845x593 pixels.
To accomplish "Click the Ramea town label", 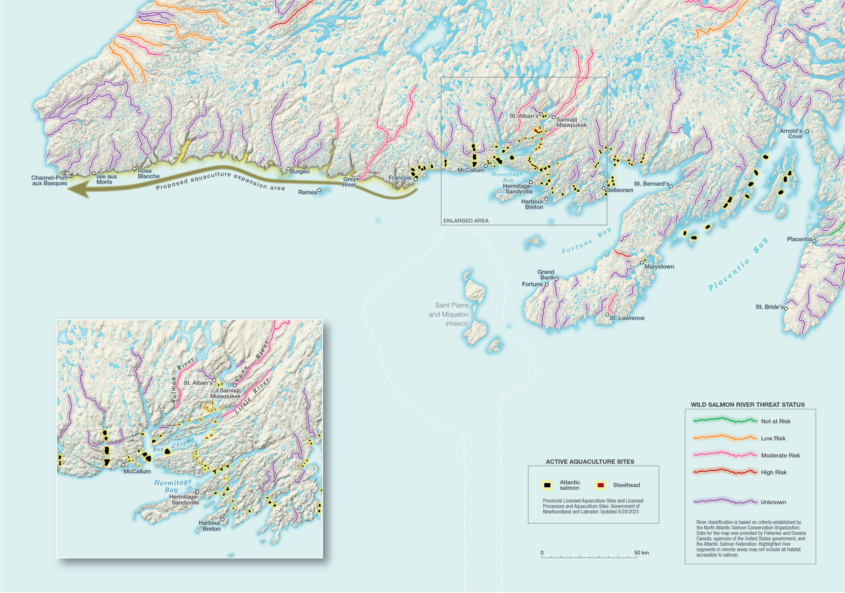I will pyautogui.click(x=307, y=192).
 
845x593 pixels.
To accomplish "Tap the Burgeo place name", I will pyautogui.click(x=300, y=171).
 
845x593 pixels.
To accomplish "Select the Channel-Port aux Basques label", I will pyautogui.click(x=49, y=180).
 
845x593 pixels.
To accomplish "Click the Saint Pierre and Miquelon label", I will pyautogui.click(x=448, y=310).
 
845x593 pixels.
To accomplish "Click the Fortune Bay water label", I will pyautogui.click(x=586, y=241).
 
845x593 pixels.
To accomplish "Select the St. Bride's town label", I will pyautogui.click(x=769, y=307).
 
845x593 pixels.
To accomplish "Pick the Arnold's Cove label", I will pyautogui.click(x=791, y=134).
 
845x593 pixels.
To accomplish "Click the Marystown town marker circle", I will pyautogui.click(x=642, y=262).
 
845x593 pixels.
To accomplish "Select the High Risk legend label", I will pyautogui.click(x=774, y=472).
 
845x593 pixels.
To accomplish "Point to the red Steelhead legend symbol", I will pyautogui.click(x=601, y=485).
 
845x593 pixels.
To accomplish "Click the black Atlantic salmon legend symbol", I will pyautogui.click(x=547, y=485).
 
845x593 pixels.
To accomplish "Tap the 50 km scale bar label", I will pyautogui.click(x=641, y=552).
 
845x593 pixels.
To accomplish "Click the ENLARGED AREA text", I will pyautogui.click(x=466, y=221).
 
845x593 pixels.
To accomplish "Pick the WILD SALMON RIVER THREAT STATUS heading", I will pyautogui.click(x=748, y=405).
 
